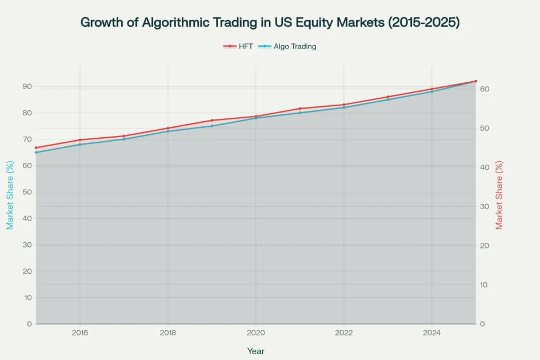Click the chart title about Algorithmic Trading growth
click(270, 22)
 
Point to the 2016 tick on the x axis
click(80, 332)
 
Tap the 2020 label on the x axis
click(255, 332)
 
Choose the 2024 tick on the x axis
click(431, 332)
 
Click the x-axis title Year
click(255, 351)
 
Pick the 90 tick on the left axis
click(27, 86)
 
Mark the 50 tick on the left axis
click(27, 192)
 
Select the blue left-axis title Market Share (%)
click(10, 195)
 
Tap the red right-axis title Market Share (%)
click(499, 195)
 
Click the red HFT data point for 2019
click(212, 121)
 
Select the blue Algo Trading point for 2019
click(212, 126)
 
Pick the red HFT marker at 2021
click(300, 109)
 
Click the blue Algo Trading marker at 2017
click(124, 139)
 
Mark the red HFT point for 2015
click(36, 148)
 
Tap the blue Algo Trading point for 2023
click(388, 99)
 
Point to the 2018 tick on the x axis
click(168, 332)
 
